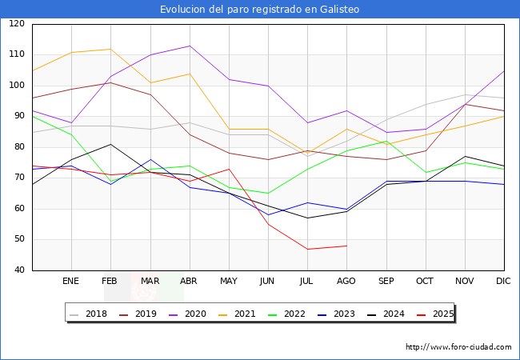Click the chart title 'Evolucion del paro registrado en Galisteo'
[x=260, y=10]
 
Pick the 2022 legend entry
[x=293, y=314]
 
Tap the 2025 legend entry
[x=441, y=314]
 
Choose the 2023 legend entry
[x=342, y=314]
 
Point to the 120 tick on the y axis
[x=16, y=24]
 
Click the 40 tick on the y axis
[x=18, y=270]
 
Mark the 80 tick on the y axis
[x=18, y=147]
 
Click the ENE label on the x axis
[x=71, y=281]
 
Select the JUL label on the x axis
[x=306, y=281]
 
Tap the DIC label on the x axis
[x=503, y=281]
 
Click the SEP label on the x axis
[x=386, y=281]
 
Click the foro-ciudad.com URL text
[x=458, y=347]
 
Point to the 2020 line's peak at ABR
[x=190, y=46]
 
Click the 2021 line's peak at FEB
[x=110, y=49]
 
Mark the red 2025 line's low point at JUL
[x=307, y=249]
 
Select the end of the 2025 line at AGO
[x=346, y=246]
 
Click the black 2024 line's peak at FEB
[x=110, y=144]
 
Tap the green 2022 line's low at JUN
[x=268, y=194]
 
